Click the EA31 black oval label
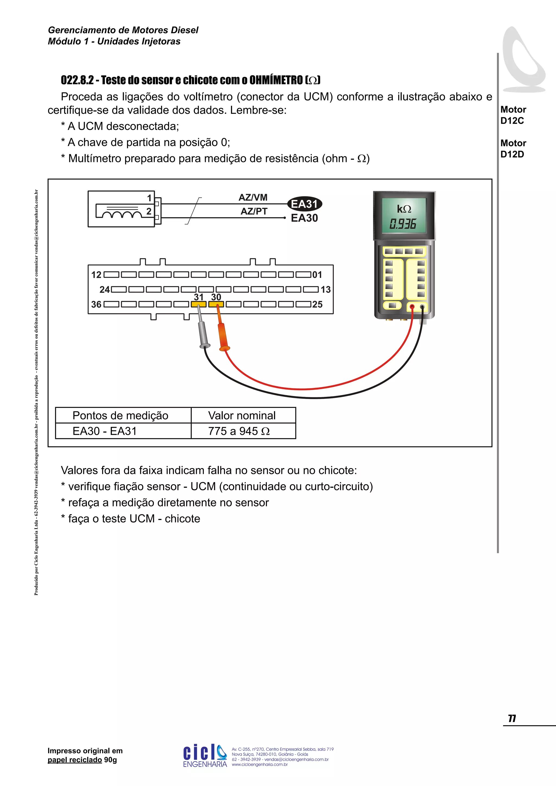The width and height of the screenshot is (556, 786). point(304,204)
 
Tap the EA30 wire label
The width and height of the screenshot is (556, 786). point(304,218)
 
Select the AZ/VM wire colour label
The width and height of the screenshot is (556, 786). point(253,198)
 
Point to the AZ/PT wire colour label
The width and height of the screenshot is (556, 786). point(254,211)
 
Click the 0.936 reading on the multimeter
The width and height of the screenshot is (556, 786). point(403,224)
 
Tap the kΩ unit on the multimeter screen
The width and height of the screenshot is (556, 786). point(404,209)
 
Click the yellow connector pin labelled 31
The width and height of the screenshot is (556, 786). point(198,304)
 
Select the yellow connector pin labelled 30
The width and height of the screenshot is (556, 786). point(216,304)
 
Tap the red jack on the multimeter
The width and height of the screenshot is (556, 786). point(412,307)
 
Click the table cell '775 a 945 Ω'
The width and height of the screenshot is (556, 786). point(239,431)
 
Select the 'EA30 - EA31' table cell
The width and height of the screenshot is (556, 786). point(105,431)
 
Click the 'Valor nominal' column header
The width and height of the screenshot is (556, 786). point(242,416)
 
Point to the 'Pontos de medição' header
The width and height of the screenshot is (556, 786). point(120,416)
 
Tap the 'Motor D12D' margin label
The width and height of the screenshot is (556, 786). point(513,148)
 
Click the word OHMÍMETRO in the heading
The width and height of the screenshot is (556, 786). point(276,80)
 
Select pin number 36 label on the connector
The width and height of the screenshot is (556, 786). point(96,304)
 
